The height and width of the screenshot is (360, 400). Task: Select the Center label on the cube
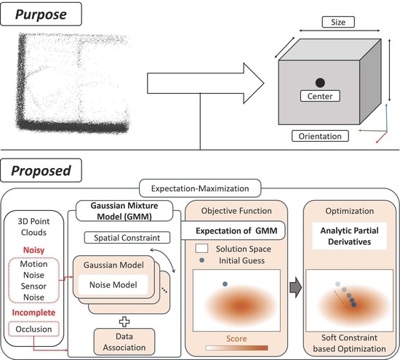click(319, 97)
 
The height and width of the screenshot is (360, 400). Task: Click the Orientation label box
click(319, 135)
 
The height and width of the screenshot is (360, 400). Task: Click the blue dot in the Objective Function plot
click(225, 284)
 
